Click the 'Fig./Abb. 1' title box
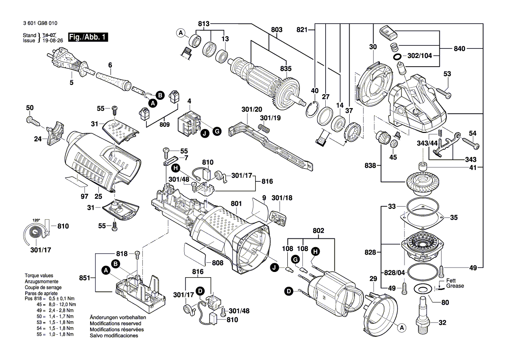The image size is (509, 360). tap(88, 37)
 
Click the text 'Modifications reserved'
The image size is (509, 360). tap(115, 324)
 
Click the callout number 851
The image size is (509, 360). tap(85, 277)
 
